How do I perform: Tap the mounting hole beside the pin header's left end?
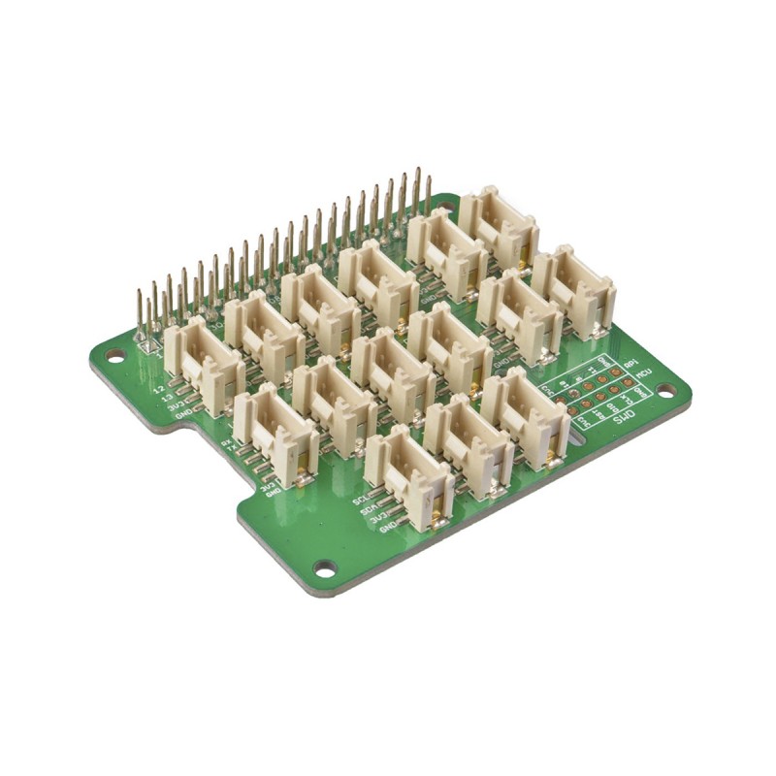coord(114,356)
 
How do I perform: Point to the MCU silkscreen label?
coord(630,375)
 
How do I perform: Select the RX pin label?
coord(227,443)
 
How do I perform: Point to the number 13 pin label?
coord(168,399)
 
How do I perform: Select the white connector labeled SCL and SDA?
coord(408,476)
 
